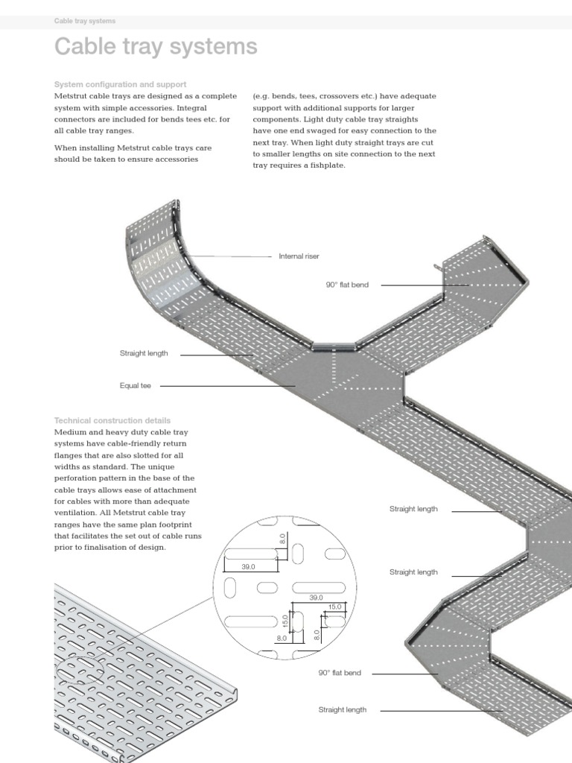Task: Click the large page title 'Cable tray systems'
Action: click(156, 47)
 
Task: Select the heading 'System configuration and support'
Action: click(120, 84)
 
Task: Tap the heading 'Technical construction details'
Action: click(112, 420)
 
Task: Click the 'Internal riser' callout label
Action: click(299, 256)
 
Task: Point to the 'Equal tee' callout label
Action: click(135, 386)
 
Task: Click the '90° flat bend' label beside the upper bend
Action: click(346, 285)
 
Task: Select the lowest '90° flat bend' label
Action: click(340, 673)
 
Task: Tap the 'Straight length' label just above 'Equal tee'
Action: click(144, 353)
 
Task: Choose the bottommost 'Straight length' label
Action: click(343, 710)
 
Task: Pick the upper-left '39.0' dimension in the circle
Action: click(248, 567)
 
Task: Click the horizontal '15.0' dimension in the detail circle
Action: click(334, 607)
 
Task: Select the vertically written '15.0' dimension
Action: click(285, 620)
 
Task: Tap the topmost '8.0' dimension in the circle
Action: click(283, 537)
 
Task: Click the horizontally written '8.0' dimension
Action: click(282, 638)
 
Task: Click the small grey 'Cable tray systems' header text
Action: click(85, 21)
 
